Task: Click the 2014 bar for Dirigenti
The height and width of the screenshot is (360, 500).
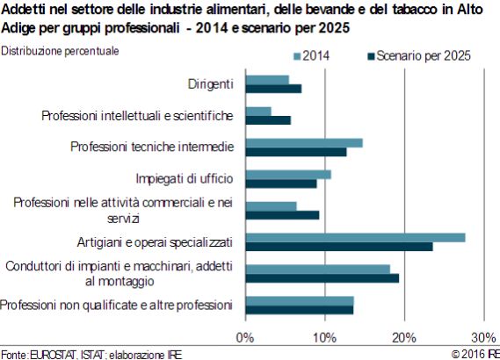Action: pos(267,80)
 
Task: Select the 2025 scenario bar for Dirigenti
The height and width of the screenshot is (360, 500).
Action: pos(273,89)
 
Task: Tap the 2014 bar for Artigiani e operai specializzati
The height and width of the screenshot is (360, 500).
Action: pos(356,238)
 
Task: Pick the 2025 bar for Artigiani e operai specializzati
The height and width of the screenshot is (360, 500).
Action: pos(339,247)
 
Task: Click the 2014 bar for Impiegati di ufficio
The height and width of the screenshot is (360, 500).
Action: pos(288,175)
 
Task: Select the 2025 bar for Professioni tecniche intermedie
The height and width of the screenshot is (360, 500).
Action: pos(296,152)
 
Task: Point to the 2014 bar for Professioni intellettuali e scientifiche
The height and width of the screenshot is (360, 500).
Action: pos(258,112)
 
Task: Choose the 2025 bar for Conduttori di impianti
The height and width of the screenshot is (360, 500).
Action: pos(322,278)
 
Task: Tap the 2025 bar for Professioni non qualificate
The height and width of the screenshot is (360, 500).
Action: pos(300,310)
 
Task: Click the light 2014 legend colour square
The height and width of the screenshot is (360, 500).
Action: pos(297,57)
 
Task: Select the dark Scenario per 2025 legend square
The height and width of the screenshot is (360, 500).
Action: pos(371,57)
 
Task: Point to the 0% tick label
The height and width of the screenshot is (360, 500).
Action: pos(245,338)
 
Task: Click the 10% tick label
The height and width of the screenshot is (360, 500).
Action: pos(324,338)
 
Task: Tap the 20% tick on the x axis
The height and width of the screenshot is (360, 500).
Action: pos(404,338)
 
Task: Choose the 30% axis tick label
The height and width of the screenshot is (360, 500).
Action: pos(483,338)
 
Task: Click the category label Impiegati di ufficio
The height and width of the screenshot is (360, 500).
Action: pos(185,179)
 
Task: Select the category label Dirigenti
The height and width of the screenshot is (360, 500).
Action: pos(211,84)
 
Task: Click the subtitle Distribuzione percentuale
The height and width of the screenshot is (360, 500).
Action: pos(60,51)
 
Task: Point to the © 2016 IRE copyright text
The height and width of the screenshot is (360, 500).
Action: pos(475,354)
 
